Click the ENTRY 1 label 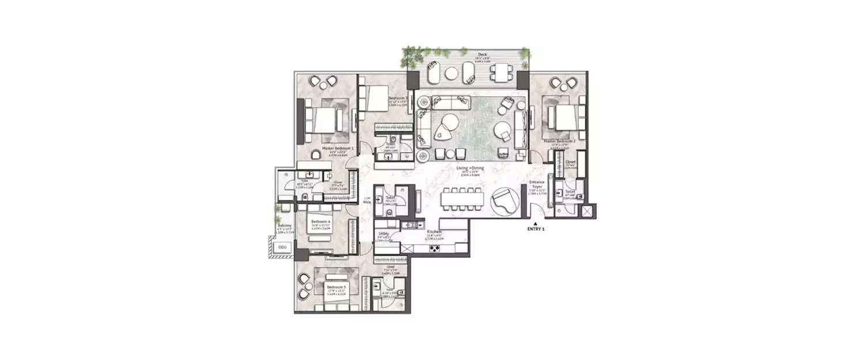pyautogui.click(x=535, y=229)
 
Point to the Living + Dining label pyautogui.click(x=469, y=168)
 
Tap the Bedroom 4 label pyautogui.click(x=320, y=222)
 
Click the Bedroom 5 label pyautogui.click(x=335, y=286)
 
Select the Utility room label pyautogui.click(x=384, y=233)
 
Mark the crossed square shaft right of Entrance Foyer pyautogui.click(x=586, y=211)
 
